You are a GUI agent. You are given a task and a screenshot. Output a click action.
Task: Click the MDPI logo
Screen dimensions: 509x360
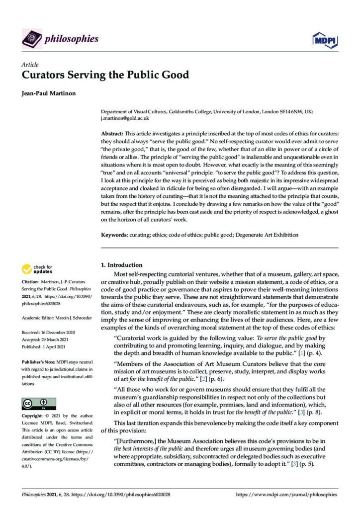[326, 39]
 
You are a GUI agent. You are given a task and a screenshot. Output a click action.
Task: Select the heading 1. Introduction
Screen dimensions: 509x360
[121, 265]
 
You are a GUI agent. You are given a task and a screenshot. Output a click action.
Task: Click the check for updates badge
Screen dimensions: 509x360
[36, 269]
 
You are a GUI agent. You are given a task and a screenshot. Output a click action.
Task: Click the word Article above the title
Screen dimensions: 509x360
[30, 65]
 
